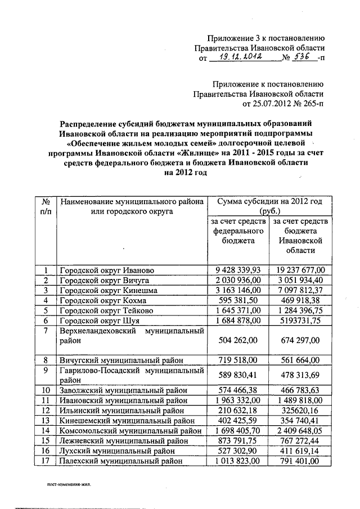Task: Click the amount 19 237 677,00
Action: [300, 270]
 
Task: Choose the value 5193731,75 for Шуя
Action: [300, 321]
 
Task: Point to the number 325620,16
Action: [300, 411]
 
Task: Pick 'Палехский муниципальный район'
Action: [121, 461]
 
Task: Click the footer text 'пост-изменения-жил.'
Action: [69, 483]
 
